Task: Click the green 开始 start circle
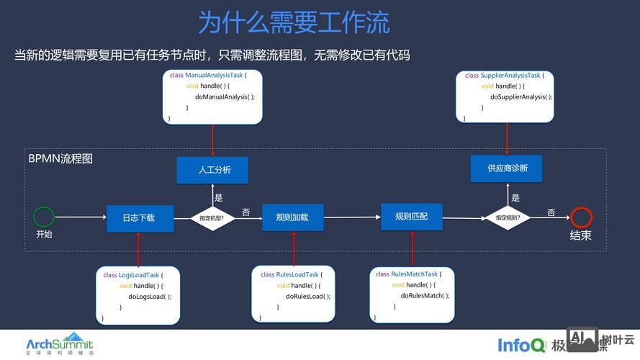click(x=44, y=217)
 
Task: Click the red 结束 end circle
click(x=581, y=217)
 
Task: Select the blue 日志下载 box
click(x=140, y=217)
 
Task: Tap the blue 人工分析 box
click(x=213, y=170)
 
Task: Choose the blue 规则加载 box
click(x=292, y=217)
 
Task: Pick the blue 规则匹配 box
click(x=412, y=216)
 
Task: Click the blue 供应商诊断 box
click(x=507, y=168)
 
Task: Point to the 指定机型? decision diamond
click(x=212, y=217)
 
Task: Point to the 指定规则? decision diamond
click(x=508, y=217)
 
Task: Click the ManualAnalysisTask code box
click(x=213, y=96)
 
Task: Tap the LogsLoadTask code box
click(x=139, y=296)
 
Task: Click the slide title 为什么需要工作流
click(x=294, y=22)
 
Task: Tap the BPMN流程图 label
click(x=60, y=158)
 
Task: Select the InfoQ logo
click(x=521, y=345)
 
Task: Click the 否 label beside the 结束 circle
click(x=551, y=212)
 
